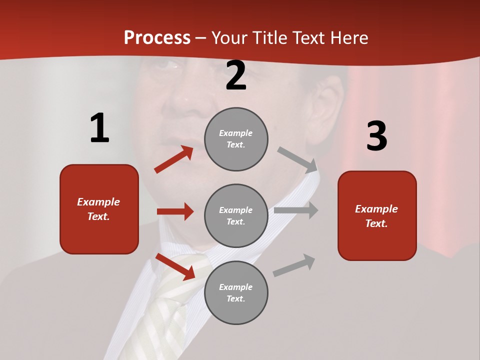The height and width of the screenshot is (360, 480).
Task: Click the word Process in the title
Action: [x=157, y=38]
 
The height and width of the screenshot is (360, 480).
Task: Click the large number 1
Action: [x=99, y=128]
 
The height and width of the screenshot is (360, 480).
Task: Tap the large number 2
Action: [x=236, y=76]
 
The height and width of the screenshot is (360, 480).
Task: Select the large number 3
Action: [x=377, y=136]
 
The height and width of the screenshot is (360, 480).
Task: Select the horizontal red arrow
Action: [x=175, y=211]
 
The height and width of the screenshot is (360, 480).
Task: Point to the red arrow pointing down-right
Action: [x=175, y=266]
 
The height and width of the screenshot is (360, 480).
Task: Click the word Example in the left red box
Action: [x=98, y=202]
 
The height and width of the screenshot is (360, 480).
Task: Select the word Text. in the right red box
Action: [x=376, y=223]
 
